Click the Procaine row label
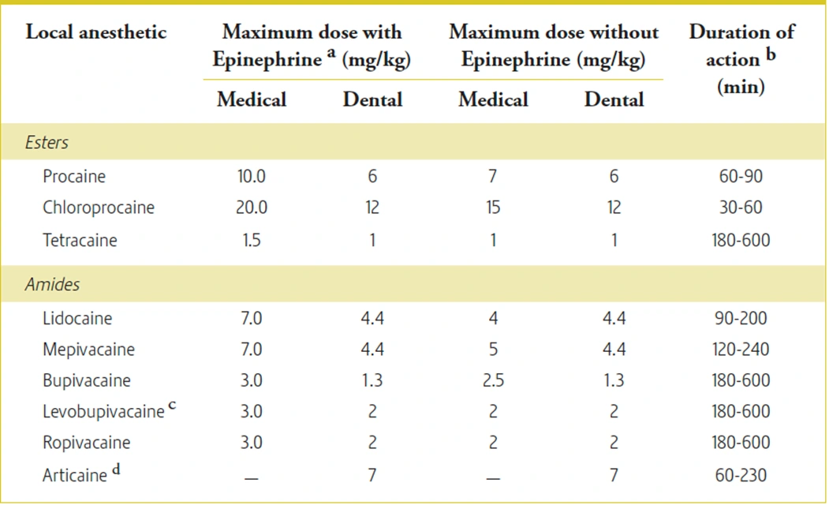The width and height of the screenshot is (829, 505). [x=74, y=176]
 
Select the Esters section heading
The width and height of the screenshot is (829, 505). [x=47, y=143]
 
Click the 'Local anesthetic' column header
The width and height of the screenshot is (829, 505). [x=96, y=33]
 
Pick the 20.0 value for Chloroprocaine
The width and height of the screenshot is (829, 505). [x=252, y=208]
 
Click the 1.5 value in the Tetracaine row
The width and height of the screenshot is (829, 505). [x=252, y=239]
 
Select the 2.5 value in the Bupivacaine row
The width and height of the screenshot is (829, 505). [x=493, y=380]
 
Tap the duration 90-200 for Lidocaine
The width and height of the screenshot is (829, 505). [x=740, y=319]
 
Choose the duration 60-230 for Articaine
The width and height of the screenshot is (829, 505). [x=740, y=475]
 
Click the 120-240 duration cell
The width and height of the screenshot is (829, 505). [x=740, y=350]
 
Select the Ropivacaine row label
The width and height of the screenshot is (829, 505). [x=87, y=443]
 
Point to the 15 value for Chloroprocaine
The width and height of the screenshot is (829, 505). [x=493, y=208]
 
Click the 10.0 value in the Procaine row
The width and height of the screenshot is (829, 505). [x=252, y=176]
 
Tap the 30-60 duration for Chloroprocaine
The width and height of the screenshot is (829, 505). [x=740, y=208]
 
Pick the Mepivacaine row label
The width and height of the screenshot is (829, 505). [x=88, y=350]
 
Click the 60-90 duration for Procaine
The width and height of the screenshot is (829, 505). [x=740, y=176]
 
